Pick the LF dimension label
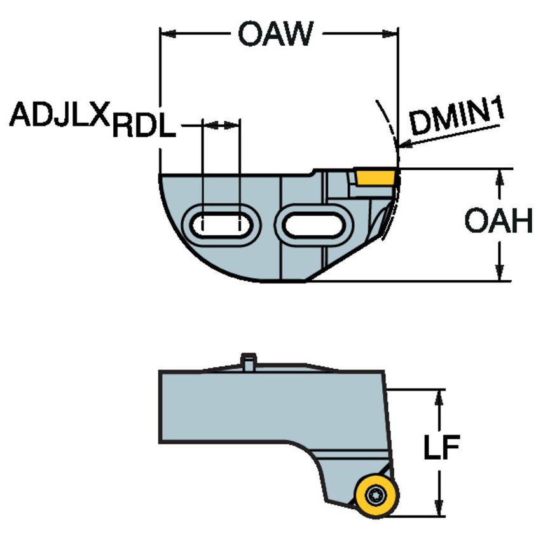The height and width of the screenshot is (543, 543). (x=441, y=449)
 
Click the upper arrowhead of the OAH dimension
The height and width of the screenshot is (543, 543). (x=500, y=177)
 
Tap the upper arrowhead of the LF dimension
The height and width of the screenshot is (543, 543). (x=439, y=399)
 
